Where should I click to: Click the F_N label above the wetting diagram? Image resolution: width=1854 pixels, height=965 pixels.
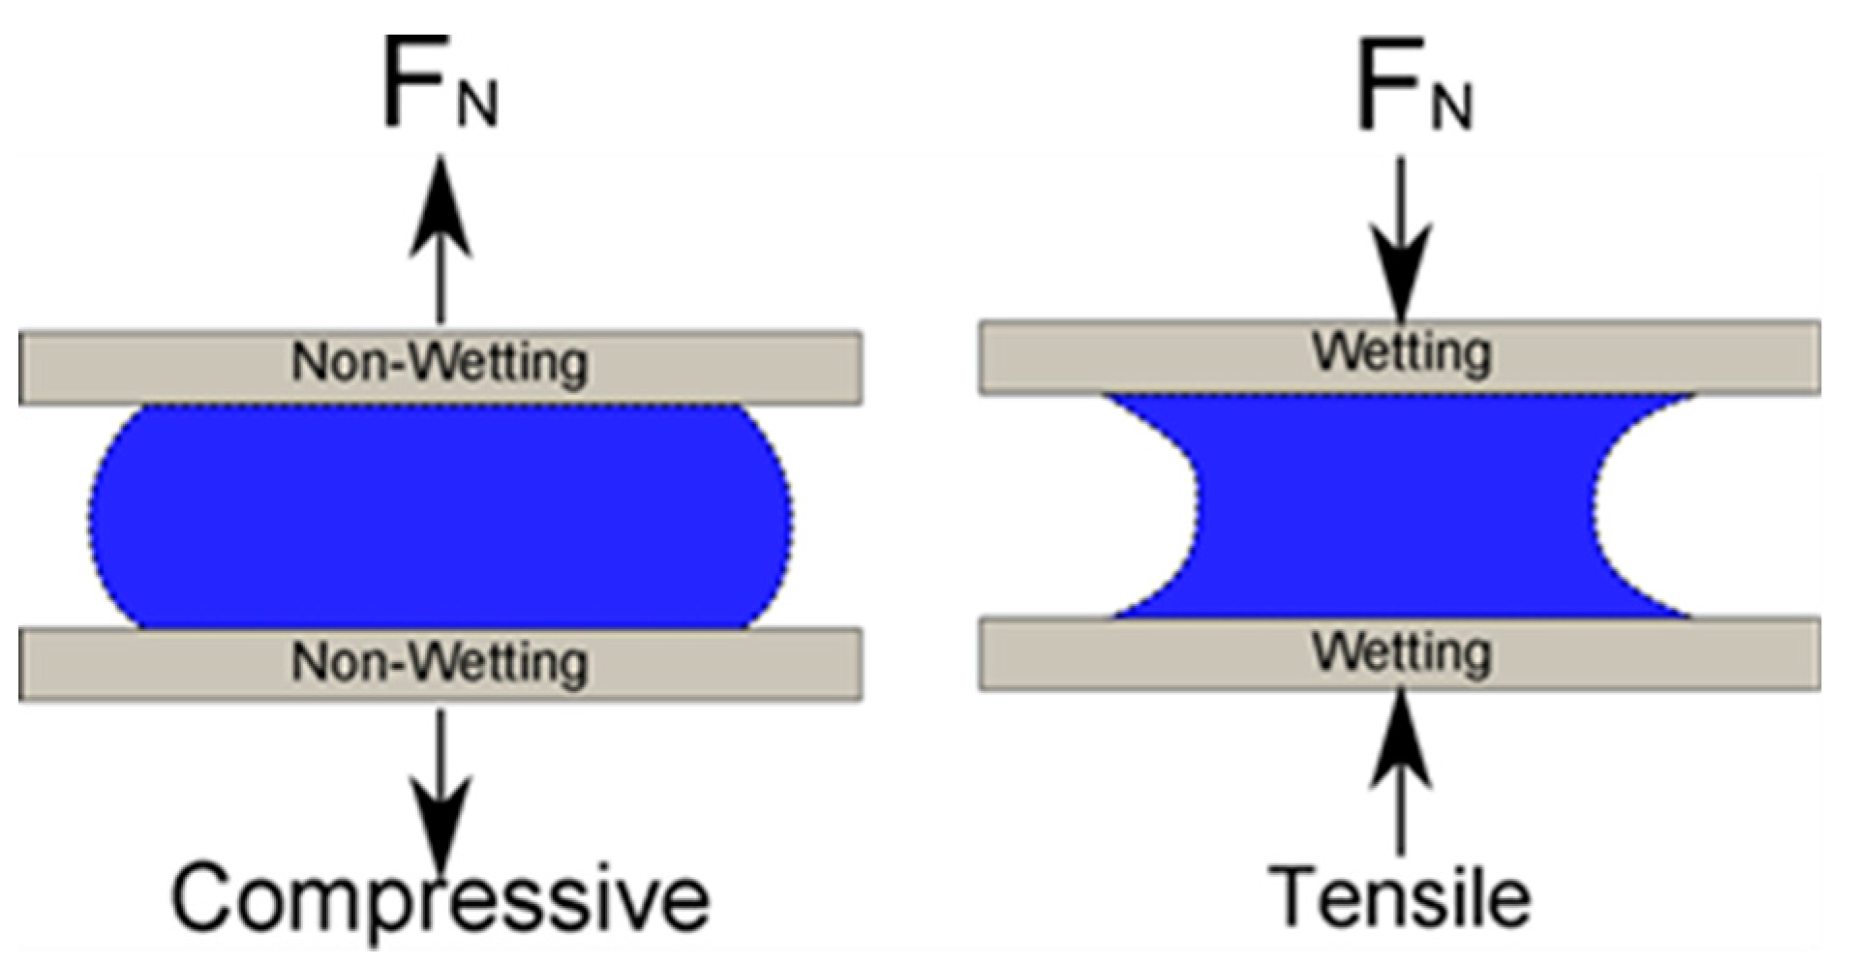point(1413,86)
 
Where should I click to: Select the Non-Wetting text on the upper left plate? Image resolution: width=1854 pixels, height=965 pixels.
point(440,364)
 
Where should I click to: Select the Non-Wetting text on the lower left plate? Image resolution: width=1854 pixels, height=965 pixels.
point(440,664)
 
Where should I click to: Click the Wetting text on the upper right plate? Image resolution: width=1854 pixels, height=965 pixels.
point(1401,353)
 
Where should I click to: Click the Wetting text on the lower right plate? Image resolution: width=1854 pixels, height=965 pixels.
point(1401,653)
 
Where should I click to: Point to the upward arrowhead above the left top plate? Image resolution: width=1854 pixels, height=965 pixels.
point(441,208)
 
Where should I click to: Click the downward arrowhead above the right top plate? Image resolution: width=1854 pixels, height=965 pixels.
point(1401,271)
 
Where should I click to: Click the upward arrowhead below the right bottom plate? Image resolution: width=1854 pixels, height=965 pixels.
point(1401,740)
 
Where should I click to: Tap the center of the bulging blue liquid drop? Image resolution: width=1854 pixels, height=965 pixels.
point(441,516)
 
